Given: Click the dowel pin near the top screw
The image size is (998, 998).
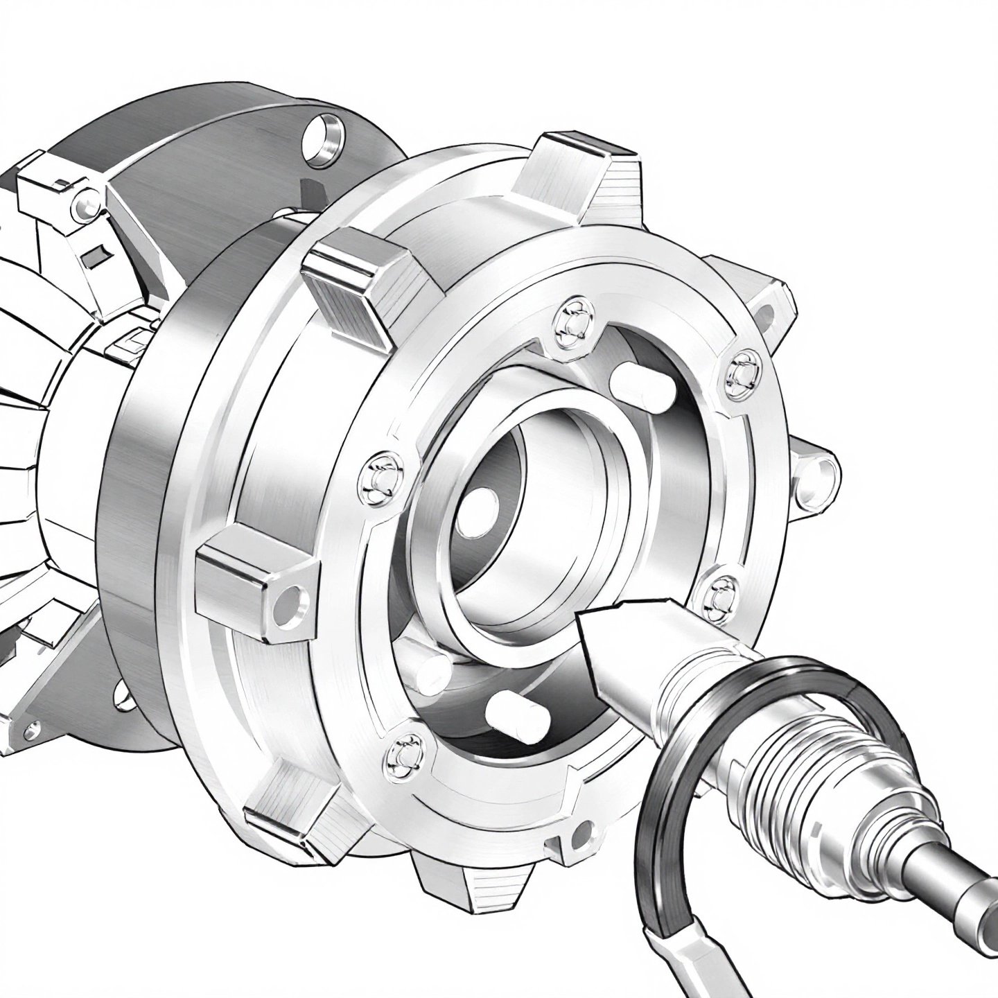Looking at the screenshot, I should click(x=632, y=383).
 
